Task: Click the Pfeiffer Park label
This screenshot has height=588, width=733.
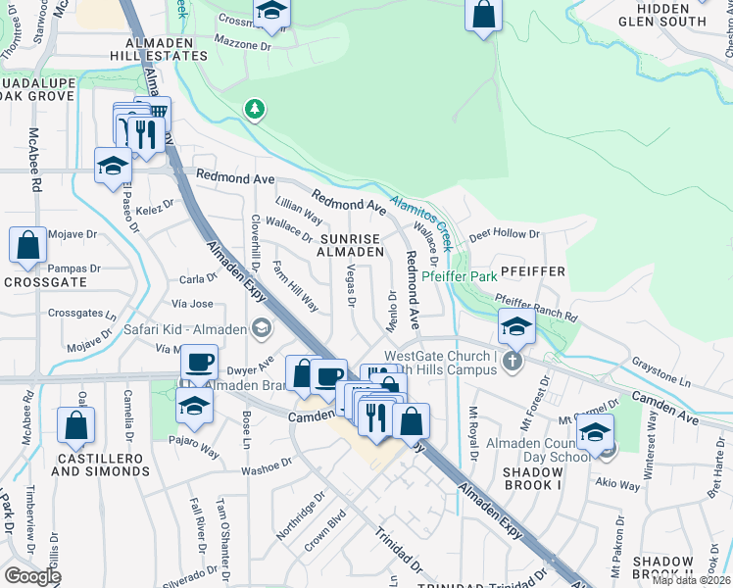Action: click(x=461, y=277)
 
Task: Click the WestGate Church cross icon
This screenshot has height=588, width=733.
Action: click(x=510, y=364)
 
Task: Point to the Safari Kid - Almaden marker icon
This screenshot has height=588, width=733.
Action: click(x=261, y=328)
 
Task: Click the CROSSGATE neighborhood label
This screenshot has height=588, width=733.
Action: click(x=45, y=282)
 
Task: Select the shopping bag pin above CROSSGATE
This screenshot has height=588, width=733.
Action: click(x=28, y=245)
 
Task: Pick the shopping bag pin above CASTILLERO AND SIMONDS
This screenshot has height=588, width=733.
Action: click(x=75, y=425)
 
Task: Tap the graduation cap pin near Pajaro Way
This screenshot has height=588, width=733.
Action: click(x=194, y=405)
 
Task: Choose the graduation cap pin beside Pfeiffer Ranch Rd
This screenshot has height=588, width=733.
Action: click(x=516, y=326)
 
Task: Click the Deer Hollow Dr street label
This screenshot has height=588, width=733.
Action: click(x=505, y=235)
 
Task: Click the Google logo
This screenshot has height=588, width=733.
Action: click(x=32, y=576)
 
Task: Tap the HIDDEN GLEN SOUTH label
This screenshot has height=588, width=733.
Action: click(x=663, y=14)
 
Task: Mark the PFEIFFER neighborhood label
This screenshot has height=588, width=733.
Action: click(x=534, y=269)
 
